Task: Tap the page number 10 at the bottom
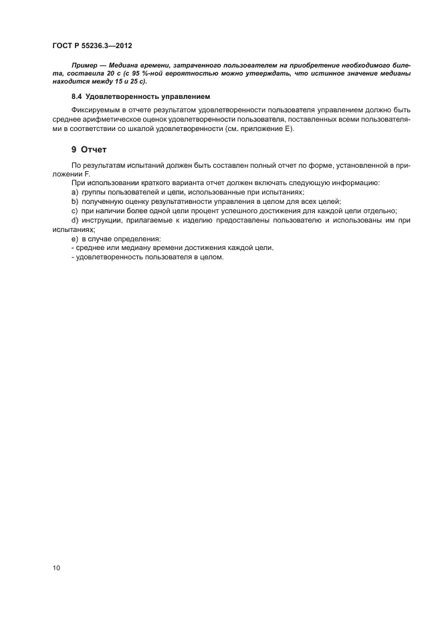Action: point(56,568)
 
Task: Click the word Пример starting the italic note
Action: point(84,67)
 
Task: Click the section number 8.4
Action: point(78,97)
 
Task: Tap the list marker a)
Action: point(75,192)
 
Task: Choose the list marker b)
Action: point(75,201)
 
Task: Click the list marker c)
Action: point(75,211)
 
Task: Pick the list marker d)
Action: point(75,220)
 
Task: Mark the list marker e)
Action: point(75,239)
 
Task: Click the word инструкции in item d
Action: point(103,220)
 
